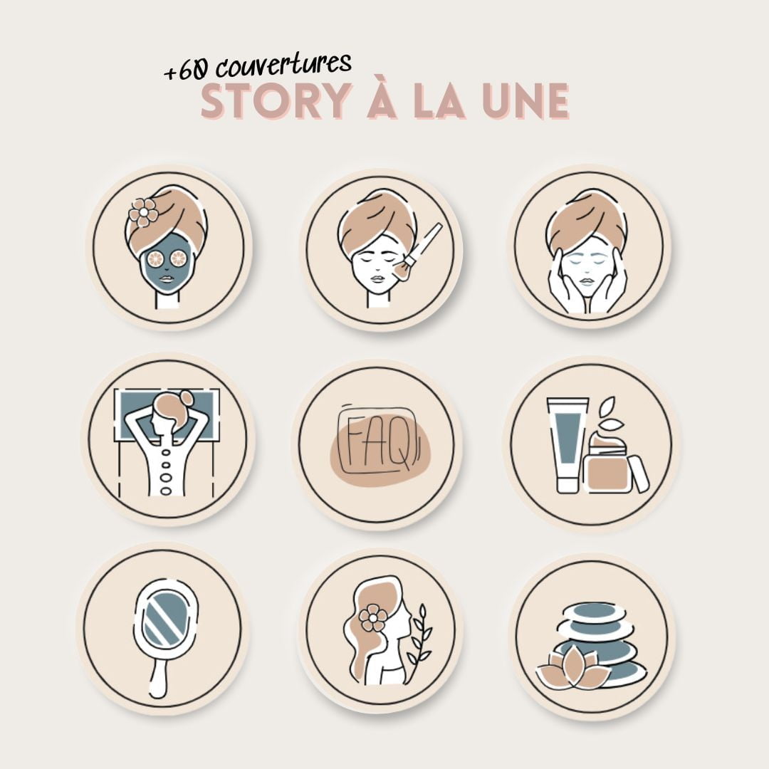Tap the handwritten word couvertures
(x=283, y=64)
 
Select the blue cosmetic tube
(x=567, y=444)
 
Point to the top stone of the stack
(x=592, y=614)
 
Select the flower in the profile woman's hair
(x=373, y=617)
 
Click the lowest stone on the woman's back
(x=167, y=490)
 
